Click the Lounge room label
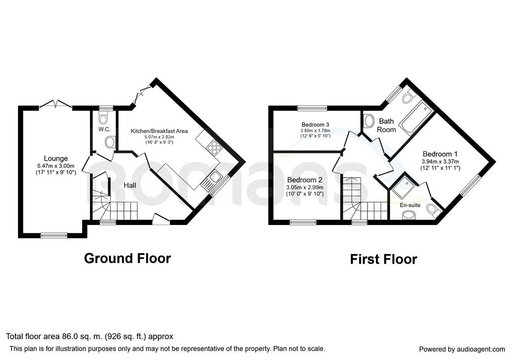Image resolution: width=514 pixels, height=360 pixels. pyautogui.click(x=56, y=159)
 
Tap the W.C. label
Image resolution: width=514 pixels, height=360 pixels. pyautogui.click(x=104, y=129)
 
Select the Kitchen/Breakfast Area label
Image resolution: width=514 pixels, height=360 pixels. pyautogui.click(x=159, y=131)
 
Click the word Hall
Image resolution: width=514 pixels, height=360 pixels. pyautogui.click(x=130, y=186)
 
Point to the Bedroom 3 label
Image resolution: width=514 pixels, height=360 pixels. pyautogui.click(x=315, y=125)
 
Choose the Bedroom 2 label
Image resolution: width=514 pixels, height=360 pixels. pyautogui.click(x=305, y=180)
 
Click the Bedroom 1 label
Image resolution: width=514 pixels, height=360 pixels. pyautogui.click(x=440, y=154)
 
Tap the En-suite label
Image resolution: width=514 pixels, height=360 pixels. pyautogui.click(x=410, y=205)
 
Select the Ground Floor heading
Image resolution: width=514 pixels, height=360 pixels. pyautogui.click(x=127, y=259)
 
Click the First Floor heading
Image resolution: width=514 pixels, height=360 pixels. pyautogui.click(x=383, y=260)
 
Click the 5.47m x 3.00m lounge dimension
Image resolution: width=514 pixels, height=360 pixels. pyautogui.click(x=56, y=166)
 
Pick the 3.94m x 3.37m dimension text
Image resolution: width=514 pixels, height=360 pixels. pyautogui.click(x=440, y=162)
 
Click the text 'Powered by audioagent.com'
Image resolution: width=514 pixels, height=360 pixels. pyautogui.click(x=462, y=349)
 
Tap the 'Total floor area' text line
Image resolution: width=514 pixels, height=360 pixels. pyautogui.click(x=89, y=336)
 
